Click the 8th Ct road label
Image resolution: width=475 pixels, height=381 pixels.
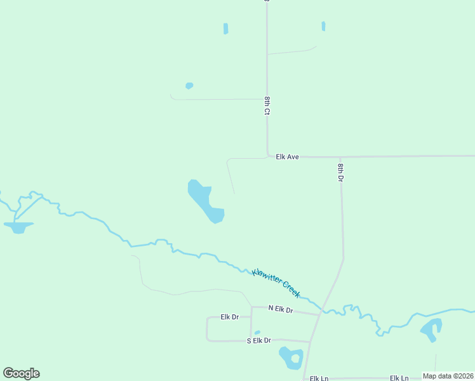tap(267, 106)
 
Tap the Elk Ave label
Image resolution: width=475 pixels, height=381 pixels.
tap(287, 156)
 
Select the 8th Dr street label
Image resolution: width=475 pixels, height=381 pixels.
tap(340, 173)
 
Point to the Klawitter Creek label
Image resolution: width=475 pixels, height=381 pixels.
tap(276, 282)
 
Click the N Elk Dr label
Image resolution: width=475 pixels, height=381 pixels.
tap(280, 309)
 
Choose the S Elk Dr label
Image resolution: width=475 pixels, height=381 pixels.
tap(258, 340)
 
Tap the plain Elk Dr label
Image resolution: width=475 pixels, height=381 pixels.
tap(229, 316)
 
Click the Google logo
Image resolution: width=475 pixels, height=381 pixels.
tap(21, 373)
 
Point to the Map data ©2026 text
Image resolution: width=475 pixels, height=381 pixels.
tap(448, 376)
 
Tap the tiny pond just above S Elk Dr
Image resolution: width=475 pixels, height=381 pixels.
tap(257, 332)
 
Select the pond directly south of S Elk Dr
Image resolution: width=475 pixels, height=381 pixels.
tap(292, 358)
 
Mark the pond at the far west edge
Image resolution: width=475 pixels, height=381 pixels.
tap(18, 226)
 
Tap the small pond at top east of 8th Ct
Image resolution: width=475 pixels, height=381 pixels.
tap(323, 26)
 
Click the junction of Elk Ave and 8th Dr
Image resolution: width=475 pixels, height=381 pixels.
tap(340, 156)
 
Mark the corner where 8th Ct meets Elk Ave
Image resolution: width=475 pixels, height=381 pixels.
tap(267, 156)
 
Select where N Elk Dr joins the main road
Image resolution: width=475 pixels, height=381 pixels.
tap(319, 314)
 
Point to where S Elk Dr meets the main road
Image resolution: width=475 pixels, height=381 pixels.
tap(310, 342)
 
